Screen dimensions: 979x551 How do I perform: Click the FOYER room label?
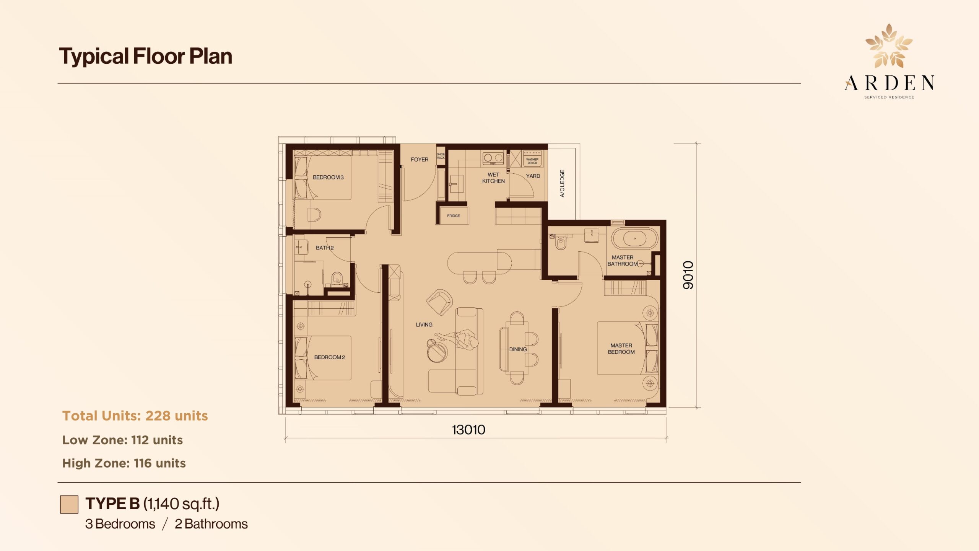[x=420, y=160]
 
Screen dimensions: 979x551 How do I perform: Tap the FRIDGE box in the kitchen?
[x=454, y=216]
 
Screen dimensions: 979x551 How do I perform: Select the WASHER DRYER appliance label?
[x=532, y=161]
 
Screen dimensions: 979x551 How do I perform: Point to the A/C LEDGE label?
[x=562, y=183]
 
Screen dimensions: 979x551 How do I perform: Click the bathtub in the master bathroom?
[x=635, y=238]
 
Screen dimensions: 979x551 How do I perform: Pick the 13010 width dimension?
[x=468, y=430]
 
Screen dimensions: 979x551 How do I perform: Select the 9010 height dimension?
[x=688, y=275]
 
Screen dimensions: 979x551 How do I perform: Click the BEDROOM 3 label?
[x=328, y=177]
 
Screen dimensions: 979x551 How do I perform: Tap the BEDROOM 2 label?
[x=330, y=357]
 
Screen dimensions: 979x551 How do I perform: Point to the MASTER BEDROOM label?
[x=621, y=349]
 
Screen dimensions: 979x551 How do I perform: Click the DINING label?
[x=518, y=349]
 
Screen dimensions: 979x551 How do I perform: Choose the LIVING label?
[x=424, y=324]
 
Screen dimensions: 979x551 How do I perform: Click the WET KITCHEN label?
[x=493, y=178]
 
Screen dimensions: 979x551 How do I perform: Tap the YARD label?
[x=533, y=176]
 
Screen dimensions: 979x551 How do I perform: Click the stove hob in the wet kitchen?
[x=493, y=158]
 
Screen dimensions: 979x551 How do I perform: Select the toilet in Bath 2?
[x=337, y=278]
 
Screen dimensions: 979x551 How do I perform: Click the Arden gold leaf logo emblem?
[x=889, y=46]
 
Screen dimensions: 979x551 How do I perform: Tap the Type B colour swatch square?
[x=69, y=504]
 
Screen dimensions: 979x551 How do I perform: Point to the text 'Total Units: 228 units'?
[x=135, y=416]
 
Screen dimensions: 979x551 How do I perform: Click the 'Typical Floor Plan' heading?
[x=145, y=56]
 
